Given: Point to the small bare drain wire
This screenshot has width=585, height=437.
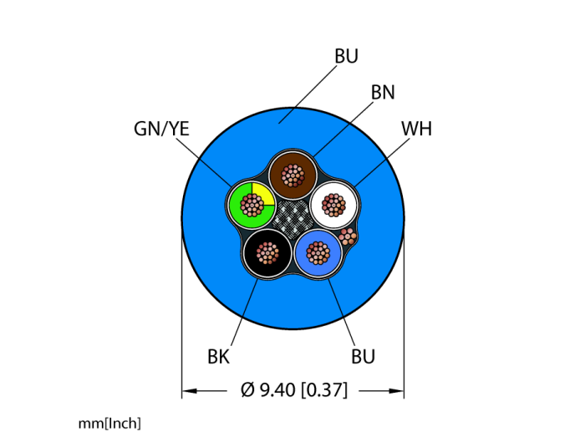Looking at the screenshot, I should click(348, 237).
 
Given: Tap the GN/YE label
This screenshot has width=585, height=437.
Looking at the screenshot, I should click(161, 129).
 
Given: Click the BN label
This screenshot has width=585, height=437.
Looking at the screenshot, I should click(383, 93).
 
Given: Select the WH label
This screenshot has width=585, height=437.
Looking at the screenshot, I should click(416, 129).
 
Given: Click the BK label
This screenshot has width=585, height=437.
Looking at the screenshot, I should click(218, 358).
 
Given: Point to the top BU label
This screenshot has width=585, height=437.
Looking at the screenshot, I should click(346, 57).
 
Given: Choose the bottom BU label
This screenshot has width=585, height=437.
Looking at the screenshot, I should click(363, 358).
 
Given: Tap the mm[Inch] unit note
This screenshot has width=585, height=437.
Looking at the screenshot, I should click(109, 424).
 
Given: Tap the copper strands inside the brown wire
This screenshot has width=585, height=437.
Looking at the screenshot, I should click(292, 175).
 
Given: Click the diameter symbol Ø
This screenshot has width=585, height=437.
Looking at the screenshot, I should click(247, 390).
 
